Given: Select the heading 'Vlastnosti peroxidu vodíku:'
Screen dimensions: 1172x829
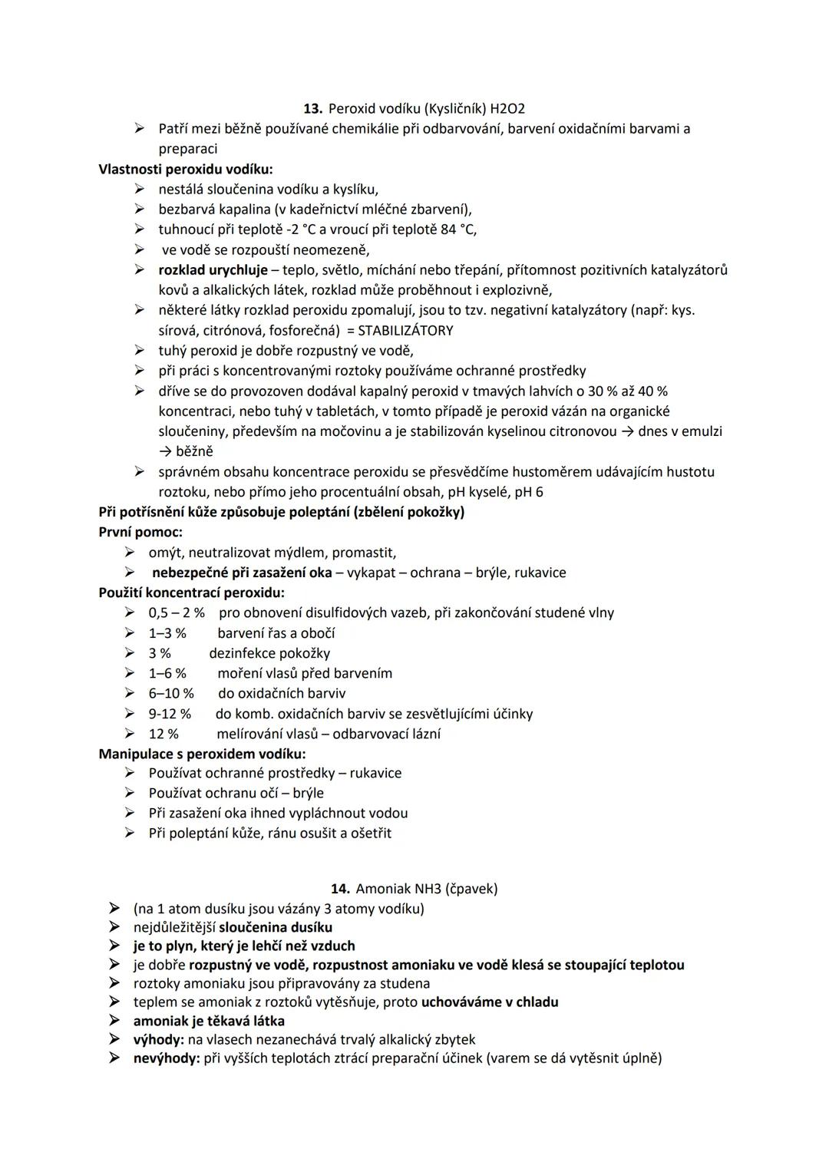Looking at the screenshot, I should (186, 169).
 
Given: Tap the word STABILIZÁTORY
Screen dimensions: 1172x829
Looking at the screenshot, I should (405, 331).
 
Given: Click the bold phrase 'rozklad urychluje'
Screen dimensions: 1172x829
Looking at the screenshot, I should (213, 270).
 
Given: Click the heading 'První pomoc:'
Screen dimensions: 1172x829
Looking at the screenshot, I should (140, 532).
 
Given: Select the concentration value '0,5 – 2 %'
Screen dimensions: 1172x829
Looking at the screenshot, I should (177, 612).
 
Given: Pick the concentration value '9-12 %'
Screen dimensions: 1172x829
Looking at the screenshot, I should (170, 714).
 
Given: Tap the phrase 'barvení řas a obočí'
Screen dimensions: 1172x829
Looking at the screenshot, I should (276, 633).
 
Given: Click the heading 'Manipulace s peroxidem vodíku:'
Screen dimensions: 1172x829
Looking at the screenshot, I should (202, 754).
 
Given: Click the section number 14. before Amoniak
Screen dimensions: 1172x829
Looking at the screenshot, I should (341, 889).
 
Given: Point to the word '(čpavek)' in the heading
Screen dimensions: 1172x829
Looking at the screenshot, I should (471, 889).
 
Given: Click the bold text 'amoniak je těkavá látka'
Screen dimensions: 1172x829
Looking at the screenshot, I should (209, 1021).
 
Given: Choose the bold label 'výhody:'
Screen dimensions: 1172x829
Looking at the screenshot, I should (158, 1040).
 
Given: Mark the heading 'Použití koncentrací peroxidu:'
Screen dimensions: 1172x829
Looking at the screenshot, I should (191, 593).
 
